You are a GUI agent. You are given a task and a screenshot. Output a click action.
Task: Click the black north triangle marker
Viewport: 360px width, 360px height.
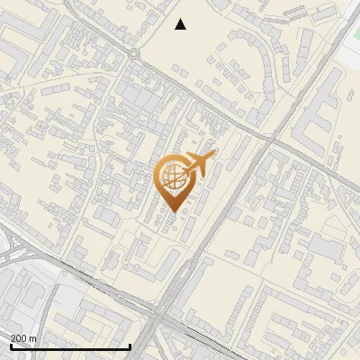coord(181,24)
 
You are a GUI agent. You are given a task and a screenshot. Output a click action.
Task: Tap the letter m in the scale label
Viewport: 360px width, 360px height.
coord(34,339)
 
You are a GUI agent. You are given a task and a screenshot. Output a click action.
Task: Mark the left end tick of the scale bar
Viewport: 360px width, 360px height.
coord(10,346)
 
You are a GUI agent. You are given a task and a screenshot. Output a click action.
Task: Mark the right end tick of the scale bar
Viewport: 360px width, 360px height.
coord(131,346)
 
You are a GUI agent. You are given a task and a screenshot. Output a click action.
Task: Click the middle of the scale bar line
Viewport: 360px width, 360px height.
coord(70,347)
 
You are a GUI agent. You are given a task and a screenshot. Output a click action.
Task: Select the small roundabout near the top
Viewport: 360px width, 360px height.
coord(136,55)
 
